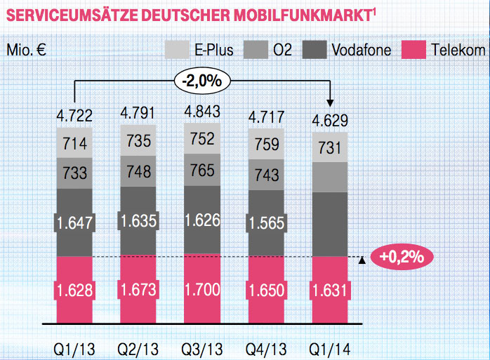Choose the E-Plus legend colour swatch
tap(177, 50)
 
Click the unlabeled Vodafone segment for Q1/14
tap(329, 223)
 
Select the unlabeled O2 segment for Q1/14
tap(329, 176)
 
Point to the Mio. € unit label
tap(28, 51)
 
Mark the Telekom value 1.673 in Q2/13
tap(138, 288)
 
